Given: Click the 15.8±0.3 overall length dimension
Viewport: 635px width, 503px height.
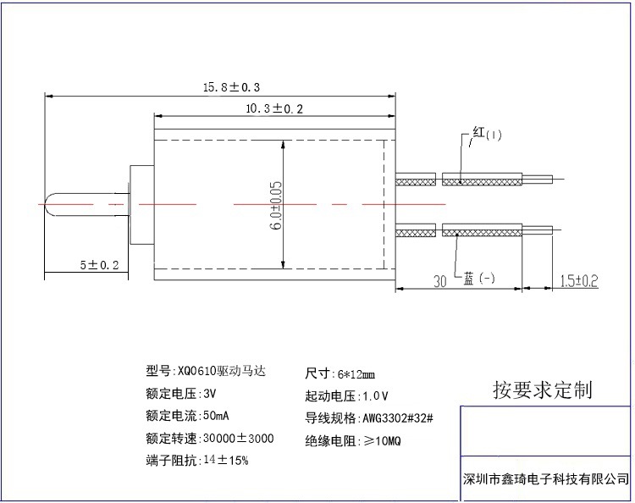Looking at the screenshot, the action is tap(229, 86).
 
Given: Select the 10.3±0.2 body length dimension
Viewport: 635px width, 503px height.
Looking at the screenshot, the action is tap(273, 108).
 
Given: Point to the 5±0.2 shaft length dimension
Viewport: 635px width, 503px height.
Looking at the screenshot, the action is tap(99, 265).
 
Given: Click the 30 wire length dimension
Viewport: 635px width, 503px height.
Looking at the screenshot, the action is tap(440, 281).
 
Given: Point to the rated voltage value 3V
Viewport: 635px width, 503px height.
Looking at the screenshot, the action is tap(210, 394).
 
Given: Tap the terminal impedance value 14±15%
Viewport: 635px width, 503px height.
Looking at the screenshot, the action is tap(225, 461).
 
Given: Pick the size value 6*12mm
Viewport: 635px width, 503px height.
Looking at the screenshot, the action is tap(356, 373).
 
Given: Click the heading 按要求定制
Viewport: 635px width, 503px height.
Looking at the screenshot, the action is tap(543, 390).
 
